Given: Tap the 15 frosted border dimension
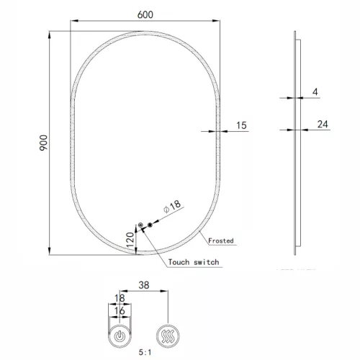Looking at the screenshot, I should [x=241, y=125].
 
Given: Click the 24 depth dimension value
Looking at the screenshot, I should [x=323, y=125].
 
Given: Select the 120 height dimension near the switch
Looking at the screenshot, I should [x=130, y=240].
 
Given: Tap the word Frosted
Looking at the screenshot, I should [x=220, y=240].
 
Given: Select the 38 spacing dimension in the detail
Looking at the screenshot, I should [x=143, y=285].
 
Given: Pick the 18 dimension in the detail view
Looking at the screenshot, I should [x=120, y=297].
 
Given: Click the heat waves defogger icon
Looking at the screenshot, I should [x=168, y=335].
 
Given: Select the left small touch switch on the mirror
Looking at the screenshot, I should [x=140, y=226].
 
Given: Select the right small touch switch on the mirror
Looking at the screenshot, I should [x=150, y=226].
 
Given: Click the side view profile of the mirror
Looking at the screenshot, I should [x=294, y=144].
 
